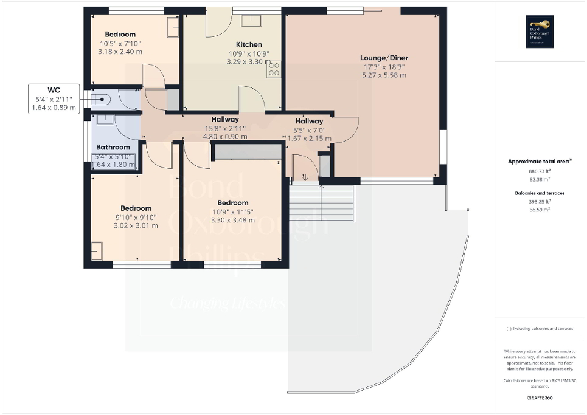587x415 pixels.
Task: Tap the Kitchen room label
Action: coord(249,44)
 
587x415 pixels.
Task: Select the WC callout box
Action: coord(54,98)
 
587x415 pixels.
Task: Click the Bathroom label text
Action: coord(113,147)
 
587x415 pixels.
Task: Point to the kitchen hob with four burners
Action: coord(274,69)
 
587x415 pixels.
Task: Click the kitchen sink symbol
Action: coord(250,21)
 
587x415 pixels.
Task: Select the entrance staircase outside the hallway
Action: coord(321,204)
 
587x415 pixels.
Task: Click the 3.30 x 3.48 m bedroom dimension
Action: coord(232,220)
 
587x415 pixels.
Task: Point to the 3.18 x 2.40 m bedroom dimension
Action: coord(120,52)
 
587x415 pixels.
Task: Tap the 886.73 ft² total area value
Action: coord(540,172)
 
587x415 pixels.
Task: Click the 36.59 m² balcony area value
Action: coord(540,210)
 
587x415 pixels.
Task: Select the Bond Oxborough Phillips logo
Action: coord(540,31)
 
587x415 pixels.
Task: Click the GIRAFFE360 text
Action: coord(540,398)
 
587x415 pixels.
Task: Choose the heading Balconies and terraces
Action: coord(540,193)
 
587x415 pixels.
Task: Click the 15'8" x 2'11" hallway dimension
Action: coord(225,128)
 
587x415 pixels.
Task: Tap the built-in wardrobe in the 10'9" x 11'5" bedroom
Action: coord(246,151)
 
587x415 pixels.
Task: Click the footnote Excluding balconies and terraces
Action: coord(540,328)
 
